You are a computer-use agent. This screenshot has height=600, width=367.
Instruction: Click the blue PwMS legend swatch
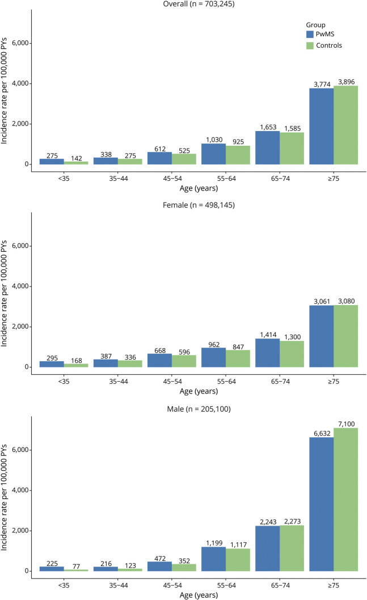[310, 34]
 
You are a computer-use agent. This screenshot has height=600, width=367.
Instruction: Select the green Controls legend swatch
[310, 45]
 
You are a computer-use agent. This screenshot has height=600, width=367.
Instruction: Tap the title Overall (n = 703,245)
[199, 4]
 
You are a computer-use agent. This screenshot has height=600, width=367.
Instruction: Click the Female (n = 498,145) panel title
[199, 205]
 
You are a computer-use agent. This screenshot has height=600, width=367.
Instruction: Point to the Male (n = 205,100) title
[199, 409]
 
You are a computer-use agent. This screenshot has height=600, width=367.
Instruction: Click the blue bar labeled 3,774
[322, 126]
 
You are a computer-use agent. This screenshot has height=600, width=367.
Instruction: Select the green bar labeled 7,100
[346, 500]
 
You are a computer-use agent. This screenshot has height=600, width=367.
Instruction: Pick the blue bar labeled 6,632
[322, 504]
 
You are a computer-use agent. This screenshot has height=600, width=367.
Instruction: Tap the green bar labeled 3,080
[346, 336]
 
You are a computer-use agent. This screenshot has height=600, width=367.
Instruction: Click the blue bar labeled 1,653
[268, 147]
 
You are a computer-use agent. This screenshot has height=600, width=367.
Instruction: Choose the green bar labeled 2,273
[292, 548]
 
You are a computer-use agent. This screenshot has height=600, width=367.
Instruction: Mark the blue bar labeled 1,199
[213, 559]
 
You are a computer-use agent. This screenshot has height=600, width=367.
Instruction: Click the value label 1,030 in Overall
[214, 140]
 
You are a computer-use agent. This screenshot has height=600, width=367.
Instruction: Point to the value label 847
[238, 347]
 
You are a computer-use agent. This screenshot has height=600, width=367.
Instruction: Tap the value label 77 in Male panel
[76, 567]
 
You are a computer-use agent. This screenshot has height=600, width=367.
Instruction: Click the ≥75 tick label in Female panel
[334, 382]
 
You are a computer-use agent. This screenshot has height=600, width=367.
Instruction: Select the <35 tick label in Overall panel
[64, 179]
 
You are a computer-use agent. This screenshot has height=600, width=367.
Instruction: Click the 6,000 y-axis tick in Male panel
[20, 450]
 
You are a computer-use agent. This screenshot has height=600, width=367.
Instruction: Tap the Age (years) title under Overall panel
[199, 188]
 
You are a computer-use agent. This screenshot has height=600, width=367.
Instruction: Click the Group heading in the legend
[316, 25]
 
